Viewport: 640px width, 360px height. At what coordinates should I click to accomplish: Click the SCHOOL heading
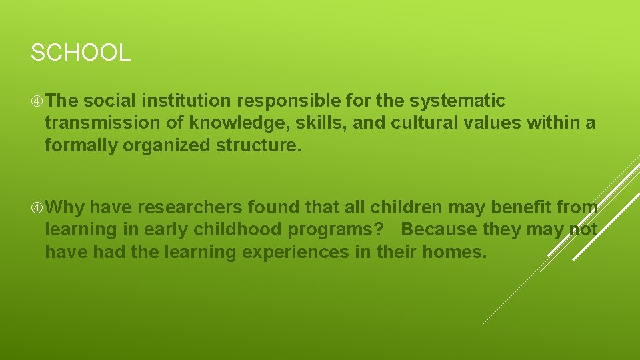click(81, 53)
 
